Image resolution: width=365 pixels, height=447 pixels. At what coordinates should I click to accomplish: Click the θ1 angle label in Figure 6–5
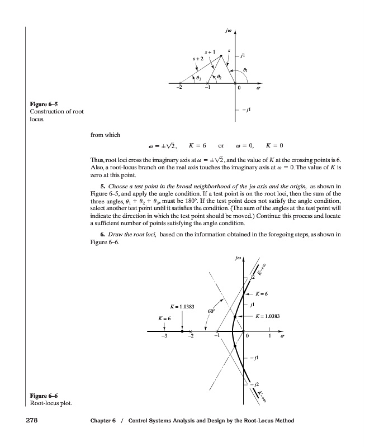pos(245,69)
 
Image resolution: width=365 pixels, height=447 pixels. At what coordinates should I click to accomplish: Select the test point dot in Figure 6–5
pos(221,55)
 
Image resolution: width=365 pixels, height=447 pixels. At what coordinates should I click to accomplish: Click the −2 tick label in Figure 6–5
pos(178,88)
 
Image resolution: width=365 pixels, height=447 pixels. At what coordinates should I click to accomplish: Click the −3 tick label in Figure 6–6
pos(163,336)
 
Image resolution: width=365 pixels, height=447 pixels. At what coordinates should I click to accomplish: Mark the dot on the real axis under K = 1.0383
pos(183,331)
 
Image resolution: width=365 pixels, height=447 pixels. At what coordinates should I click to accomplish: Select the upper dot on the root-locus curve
pos(235,316)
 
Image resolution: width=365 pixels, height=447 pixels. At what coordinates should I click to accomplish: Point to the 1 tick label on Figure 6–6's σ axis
pos(269,336)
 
